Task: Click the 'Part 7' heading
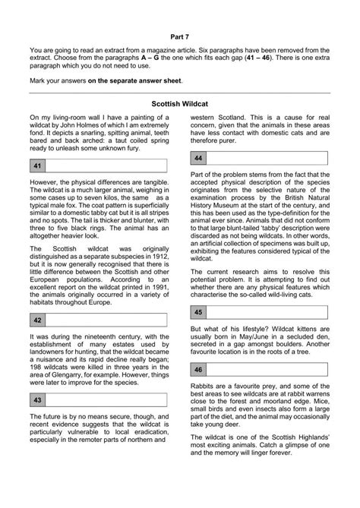[180, 36]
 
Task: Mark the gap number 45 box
[198, 312]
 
